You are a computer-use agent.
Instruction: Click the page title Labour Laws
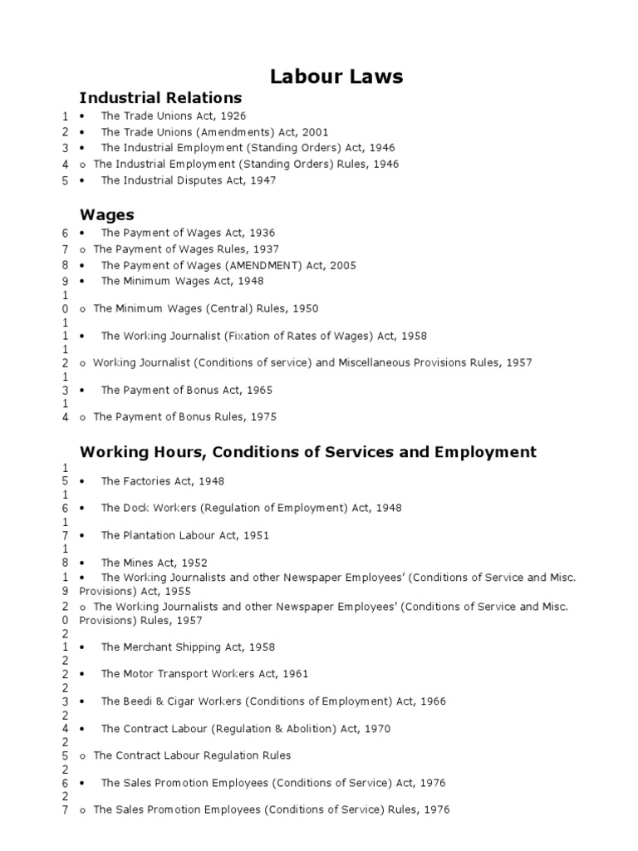[336, 76]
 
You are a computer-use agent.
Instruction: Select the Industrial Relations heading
[160, 98]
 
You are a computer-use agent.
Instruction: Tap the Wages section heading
[106, 214]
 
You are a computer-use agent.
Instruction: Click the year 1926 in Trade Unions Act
[233, 116]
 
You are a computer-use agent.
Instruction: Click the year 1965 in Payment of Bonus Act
[258, 390]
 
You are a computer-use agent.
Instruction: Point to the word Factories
[149, 481]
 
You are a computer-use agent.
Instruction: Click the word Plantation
[151, 535]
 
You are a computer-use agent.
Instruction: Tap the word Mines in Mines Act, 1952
[139, 563]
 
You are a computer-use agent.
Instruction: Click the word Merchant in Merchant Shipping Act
[148, 647]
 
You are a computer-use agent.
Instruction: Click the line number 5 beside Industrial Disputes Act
[65, 180]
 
